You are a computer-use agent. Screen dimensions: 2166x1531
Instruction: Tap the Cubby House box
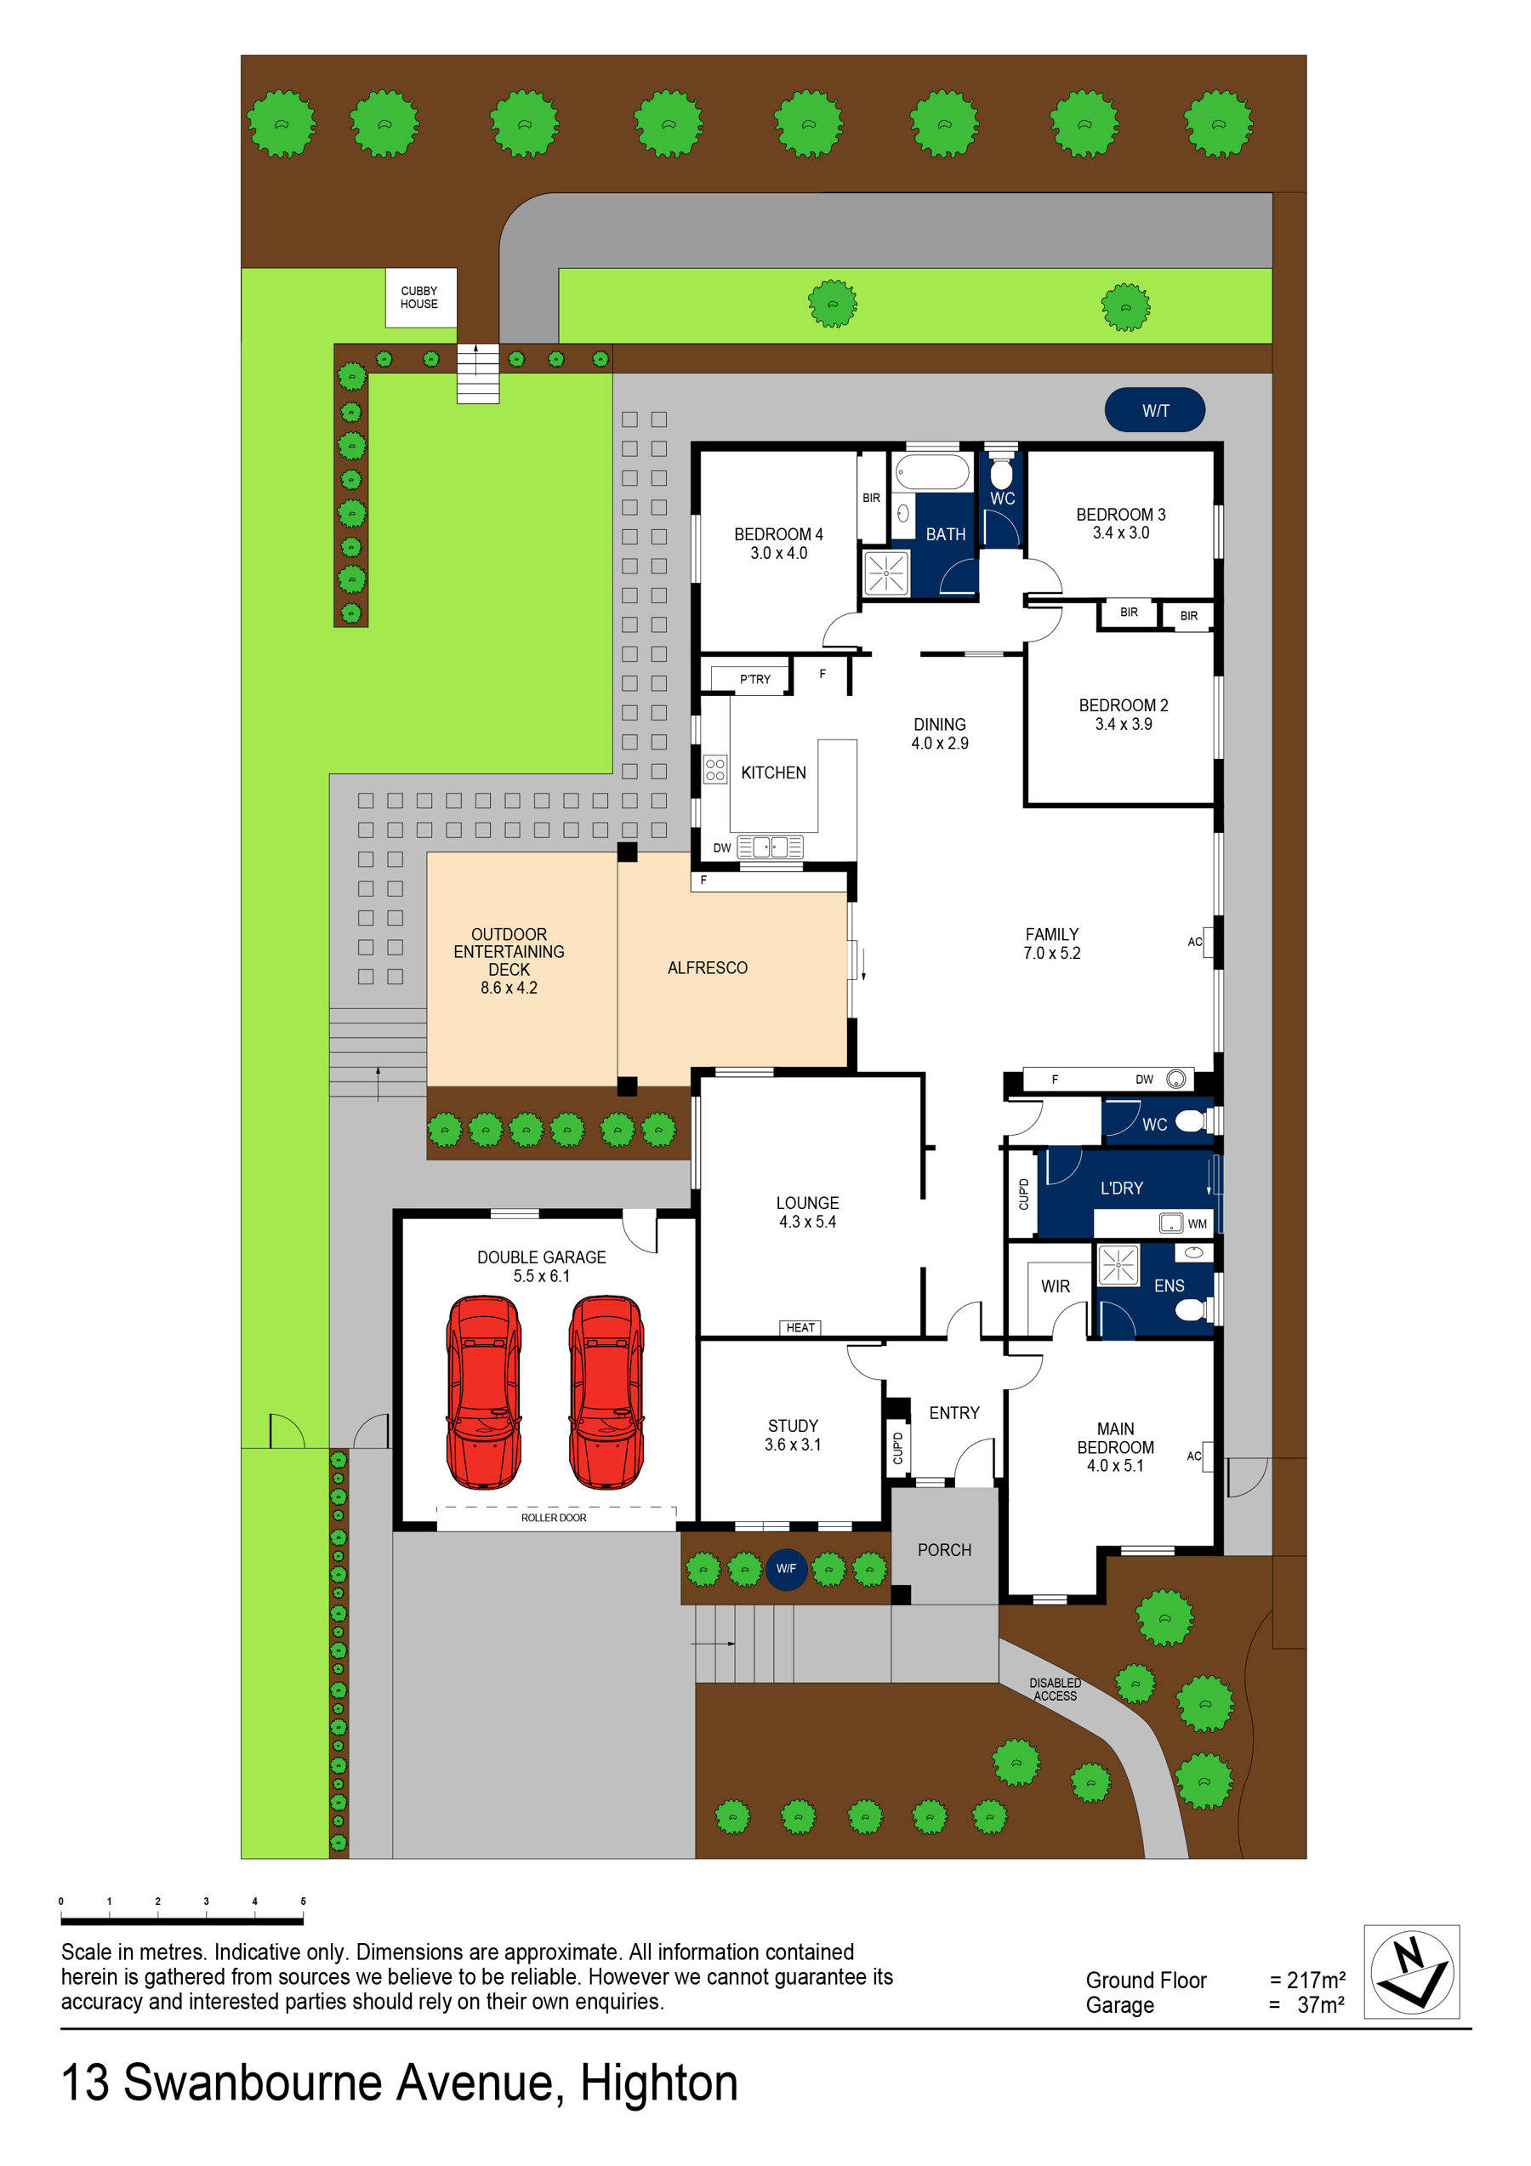420,298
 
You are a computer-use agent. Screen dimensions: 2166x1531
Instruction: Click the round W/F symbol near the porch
786,1569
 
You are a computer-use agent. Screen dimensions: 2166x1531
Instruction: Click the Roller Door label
554,1518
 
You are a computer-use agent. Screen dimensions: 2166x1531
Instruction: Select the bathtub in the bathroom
932,471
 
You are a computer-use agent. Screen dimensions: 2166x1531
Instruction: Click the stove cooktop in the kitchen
715,770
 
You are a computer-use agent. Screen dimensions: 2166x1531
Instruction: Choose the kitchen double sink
770,846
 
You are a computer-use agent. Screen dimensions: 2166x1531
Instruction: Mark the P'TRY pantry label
754,679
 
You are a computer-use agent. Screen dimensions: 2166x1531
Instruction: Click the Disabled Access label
1055,1690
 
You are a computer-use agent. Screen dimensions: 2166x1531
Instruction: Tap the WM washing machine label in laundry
1197,1224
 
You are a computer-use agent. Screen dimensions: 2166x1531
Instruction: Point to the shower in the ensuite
1118,1265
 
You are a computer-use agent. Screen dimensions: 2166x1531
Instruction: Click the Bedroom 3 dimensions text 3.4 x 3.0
1121,533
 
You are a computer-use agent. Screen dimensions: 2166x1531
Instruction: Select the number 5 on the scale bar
303,1901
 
